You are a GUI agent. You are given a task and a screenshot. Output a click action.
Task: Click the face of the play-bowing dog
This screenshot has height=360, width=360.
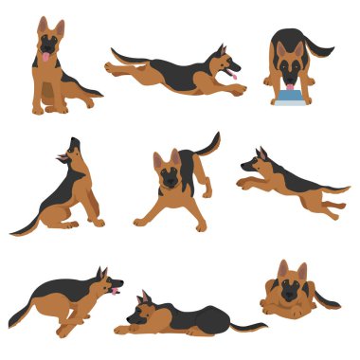169,177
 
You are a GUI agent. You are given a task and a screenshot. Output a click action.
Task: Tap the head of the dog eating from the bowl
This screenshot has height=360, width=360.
289,63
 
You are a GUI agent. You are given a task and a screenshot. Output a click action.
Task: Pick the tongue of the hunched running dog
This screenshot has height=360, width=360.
116,293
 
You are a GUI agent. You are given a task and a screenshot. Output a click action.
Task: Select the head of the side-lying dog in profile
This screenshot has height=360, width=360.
143,309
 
